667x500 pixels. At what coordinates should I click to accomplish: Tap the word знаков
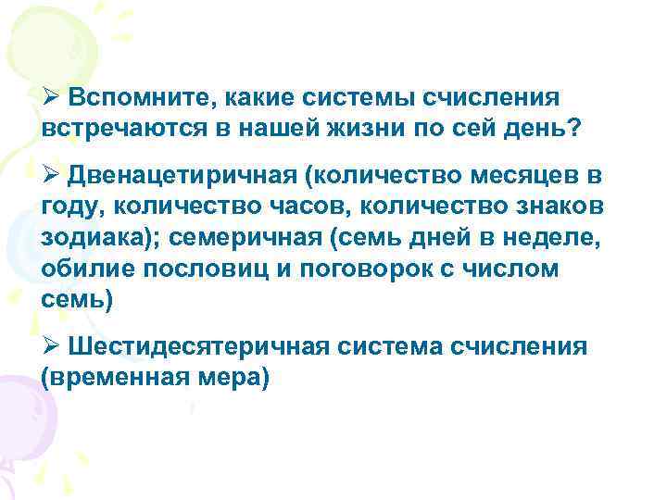(574, 206)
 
